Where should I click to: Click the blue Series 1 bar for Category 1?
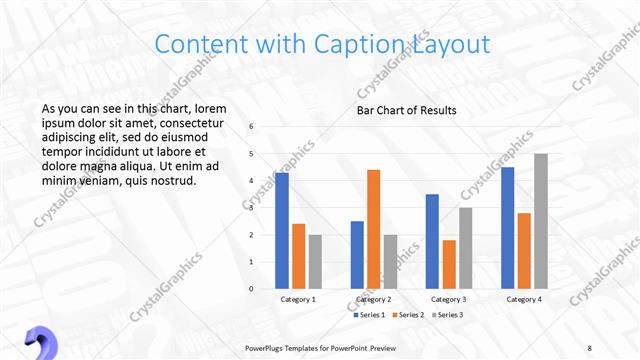(x=282, y=230)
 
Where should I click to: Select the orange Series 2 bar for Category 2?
(x=373, y=229)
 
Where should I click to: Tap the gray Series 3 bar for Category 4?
(x=541, y=221)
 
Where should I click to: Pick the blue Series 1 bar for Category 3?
(x=432, y=241)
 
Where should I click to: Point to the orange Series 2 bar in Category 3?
(x=449, y=264)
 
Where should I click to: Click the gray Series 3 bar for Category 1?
(x=315, y=261)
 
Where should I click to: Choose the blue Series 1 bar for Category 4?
(x=507, y=227)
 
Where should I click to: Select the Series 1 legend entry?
(x=370, y=315)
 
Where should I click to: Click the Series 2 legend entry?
(x=410, y=315)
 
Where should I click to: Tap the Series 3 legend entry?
(x=450, y=315)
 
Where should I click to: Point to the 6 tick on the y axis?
(x=251, y=126)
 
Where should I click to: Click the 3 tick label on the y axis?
(x=251, y=208)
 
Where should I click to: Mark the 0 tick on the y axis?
(x=251, y=289)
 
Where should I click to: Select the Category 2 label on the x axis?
(x=373, y=299)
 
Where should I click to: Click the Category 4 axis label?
(x=524, y=299)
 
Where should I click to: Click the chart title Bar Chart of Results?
(x=406, y=110)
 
